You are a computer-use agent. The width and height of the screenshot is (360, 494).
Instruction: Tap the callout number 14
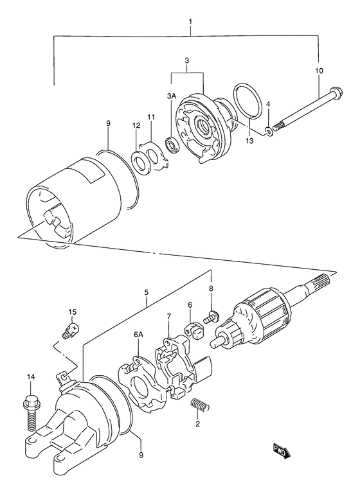tap(31, 376)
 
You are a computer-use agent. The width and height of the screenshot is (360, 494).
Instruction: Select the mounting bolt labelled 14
tap(31, 412)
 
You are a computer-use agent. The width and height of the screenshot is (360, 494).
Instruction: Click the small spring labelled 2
tap(200, 405)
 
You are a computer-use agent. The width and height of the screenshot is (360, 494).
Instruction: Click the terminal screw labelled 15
tap(70, 331)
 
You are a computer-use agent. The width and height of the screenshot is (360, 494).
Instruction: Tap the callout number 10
tap(319, 71)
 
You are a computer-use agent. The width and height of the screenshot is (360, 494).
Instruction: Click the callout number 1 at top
tap(190, 22)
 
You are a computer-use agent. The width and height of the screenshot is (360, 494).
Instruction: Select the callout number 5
tap(147, 292)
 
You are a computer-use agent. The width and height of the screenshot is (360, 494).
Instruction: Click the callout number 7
tap(168, 315)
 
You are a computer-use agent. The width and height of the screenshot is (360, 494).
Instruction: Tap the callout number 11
tap(151, 117)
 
